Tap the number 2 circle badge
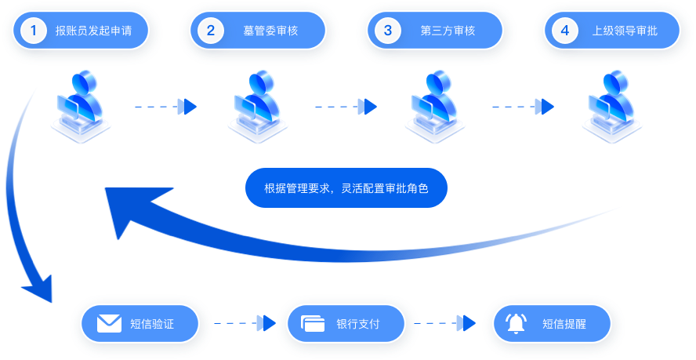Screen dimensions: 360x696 [x=211, y=31]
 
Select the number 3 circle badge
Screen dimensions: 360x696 [x=387, y=31]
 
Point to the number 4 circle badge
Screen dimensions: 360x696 [x=564, y=31]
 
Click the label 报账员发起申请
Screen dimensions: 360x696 [x=93, y=31]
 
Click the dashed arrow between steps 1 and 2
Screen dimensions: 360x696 [x=165, y=106]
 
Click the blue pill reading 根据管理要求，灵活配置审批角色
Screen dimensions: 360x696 [x=346, y=188]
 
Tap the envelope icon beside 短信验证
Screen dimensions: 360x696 [x=108, y=323]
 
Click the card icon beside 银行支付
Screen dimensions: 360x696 [x=314, y=323]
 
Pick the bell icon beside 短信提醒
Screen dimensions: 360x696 [x=515, y=323]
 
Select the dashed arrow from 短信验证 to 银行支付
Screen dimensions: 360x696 [x=245, y=322]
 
